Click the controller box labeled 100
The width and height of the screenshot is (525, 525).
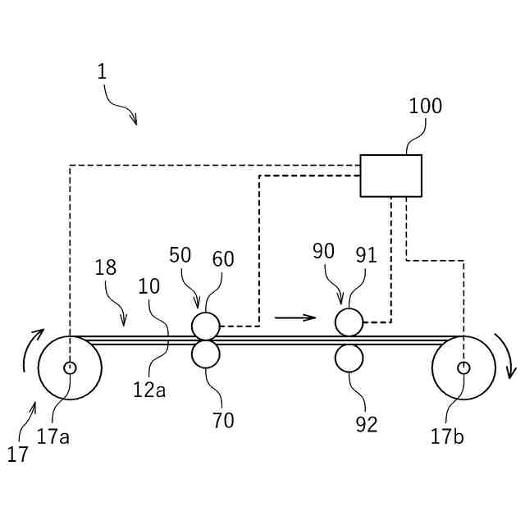[391, 176]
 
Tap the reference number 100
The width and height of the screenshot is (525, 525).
[425, 107]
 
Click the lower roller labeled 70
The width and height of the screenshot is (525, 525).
[206, 354]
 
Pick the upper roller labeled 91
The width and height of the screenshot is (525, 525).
[349, 322]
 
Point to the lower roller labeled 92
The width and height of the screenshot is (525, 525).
[349, 358]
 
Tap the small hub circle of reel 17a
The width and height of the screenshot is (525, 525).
[70, 367]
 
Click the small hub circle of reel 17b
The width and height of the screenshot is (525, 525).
[463, 367]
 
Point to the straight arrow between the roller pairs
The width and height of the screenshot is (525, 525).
[294, 317]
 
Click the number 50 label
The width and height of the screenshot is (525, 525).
[180, 255]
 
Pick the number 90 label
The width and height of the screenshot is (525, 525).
[324, 252]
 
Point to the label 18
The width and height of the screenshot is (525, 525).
[105, 267]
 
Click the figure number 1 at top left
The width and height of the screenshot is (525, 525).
[102, 71]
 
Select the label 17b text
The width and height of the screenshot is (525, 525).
[447, 436]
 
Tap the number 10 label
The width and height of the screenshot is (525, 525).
[148, 287]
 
